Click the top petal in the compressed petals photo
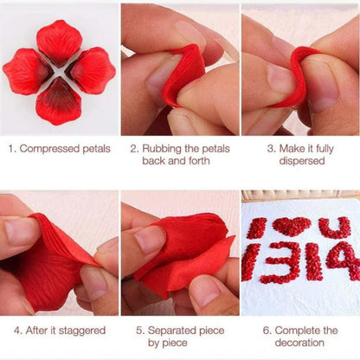coord(58,41)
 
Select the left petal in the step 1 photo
coord(26,71)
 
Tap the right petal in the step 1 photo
coord(92,70)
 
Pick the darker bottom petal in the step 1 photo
coord(58,101)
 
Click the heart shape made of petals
coord(291,227)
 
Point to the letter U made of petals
coord(334,228)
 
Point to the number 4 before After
coord(17,331)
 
